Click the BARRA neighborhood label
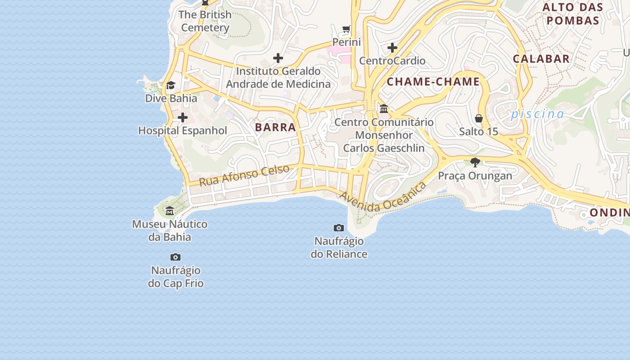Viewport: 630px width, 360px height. (275, 127)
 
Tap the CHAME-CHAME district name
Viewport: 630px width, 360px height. (433, 82)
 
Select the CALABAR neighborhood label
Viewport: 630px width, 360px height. (541, 58)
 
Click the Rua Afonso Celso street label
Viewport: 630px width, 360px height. (244, 175)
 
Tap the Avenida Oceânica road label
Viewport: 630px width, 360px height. (383, 198)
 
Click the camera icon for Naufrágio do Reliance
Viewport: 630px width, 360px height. (339, 228)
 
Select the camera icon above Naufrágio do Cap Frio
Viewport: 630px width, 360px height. (175, 257)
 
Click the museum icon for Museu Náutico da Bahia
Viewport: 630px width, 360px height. (170, 211)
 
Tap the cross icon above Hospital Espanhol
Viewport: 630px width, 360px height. (183, 117)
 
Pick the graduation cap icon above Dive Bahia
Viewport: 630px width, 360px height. (171, 85)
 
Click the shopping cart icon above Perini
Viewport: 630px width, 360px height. (346, 29)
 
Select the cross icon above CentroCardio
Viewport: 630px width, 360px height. (392, 47)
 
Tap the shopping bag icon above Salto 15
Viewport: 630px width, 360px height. (479, 118)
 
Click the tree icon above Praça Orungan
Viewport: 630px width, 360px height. (475, 162)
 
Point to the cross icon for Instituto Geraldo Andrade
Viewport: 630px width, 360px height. (278, 58)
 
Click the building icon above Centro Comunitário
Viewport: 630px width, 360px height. (384, 109)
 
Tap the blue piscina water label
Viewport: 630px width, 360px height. (537, 114)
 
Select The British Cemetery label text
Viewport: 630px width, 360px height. (205, 21)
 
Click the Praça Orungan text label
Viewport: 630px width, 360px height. (475, 176)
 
